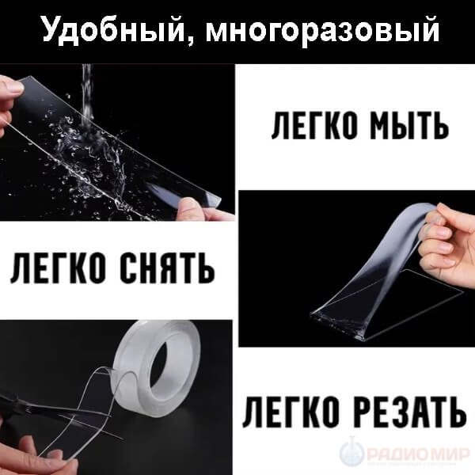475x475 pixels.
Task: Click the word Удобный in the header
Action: (x=113, y=30)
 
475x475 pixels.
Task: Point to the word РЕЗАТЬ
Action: (x=410, y=413)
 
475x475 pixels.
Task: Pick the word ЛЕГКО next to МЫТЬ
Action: (x=313, y=126)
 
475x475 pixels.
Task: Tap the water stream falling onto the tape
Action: (x=86, y=94)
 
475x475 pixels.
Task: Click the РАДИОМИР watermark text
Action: (x=418, y=454)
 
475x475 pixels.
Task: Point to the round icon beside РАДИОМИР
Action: (x=351, y=454)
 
